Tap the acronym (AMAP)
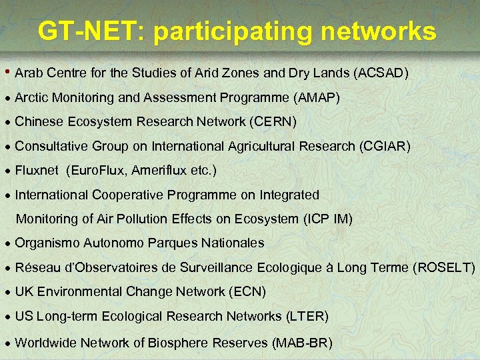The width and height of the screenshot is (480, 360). coord(316,98)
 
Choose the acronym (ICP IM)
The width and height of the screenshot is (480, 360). coord(328,219)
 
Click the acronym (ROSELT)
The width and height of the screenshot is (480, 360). coord(444,268)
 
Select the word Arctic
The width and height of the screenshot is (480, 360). coord(31,98)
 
